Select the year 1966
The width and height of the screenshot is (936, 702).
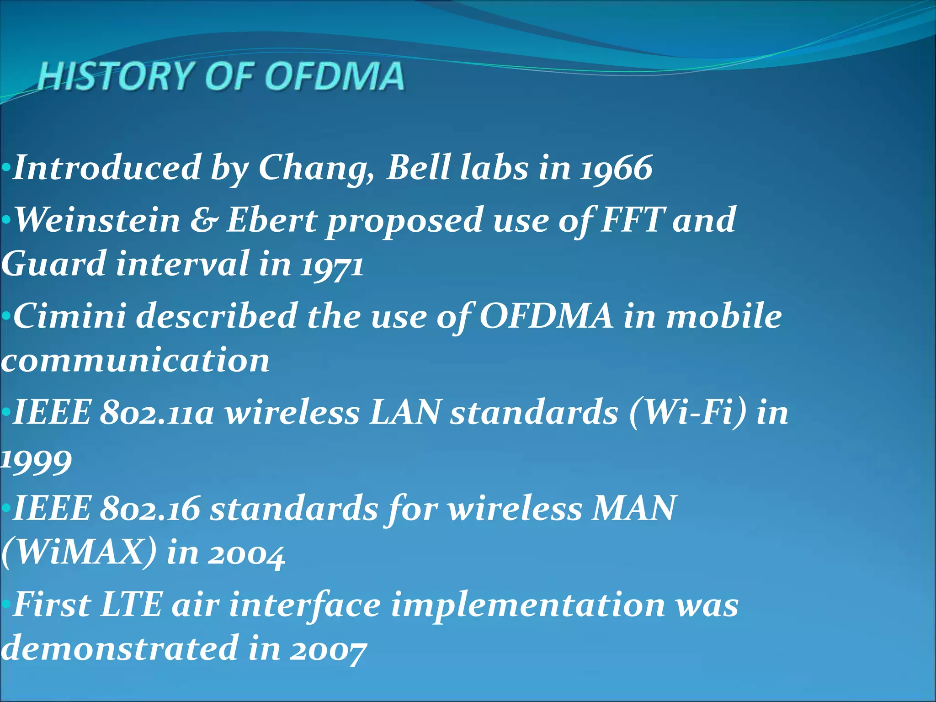(617, 168)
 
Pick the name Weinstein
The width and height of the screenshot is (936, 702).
(98, 220)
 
